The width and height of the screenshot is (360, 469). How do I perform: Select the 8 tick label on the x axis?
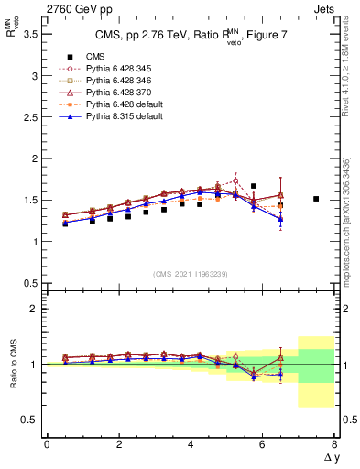(335, 444)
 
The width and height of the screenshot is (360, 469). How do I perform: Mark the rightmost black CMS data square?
(316, 199)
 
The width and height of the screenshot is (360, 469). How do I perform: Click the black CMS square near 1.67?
(254, 186)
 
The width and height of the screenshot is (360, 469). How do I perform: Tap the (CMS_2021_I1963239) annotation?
(191, 274)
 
